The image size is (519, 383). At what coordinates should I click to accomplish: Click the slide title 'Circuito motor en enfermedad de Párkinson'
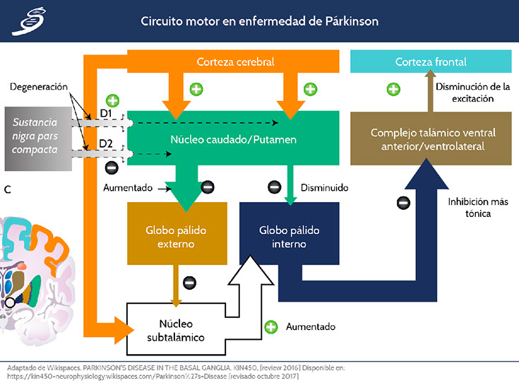coord(259,20)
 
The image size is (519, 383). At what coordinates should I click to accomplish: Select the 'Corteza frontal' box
coord(431,62)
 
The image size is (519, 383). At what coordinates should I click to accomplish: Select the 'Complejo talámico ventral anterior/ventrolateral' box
coord(433,139)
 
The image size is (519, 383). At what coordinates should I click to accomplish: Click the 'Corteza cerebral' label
coord(235,62)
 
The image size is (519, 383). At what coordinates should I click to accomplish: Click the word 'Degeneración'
coord(39,86)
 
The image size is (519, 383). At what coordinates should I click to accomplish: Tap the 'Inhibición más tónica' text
coord(469,207)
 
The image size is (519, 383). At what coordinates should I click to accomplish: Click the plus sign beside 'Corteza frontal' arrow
coord(394,89)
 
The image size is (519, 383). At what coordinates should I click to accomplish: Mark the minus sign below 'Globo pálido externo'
coord(189,283)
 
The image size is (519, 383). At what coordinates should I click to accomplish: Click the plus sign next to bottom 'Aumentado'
coord(270,327)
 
